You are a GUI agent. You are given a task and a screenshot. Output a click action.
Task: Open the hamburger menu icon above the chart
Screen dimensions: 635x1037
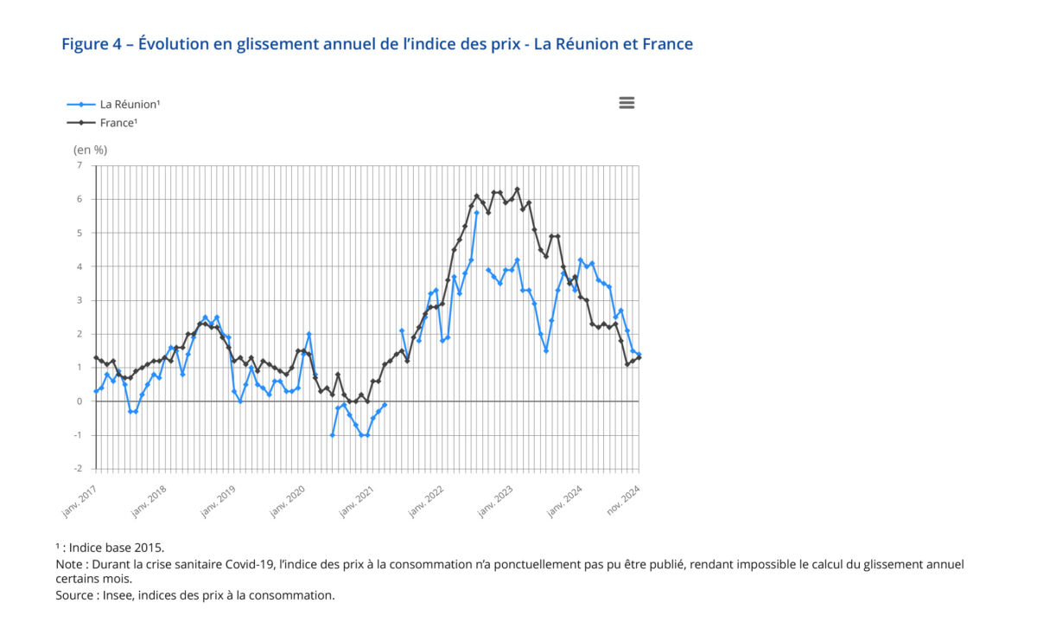(x=627, y=103)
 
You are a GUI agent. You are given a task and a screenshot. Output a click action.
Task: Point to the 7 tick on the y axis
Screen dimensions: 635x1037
(x=80, y=165)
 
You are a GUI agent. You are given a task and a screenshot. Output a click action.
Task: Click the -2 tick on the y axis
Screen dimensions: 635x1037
(x=78, y=469)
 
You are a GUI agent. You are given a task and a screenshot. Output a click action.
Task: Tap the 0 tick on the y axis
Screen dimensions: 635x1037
(x=80, y=401)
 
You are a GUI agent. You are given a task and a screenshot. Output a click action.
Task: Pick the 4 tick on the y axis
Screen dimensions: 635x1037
(x=80, y=266)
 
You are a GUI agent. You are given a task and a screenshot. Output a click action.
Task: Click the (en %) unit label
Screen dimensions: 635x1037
(x=90, y=150)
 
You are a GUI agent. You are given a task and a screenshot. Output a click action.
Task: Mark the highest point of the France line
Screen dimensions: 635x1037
(x=517, y=189)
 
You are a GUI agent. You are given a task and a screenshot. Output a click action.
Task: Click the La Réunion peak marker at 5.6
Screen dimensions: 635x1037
(x=476, y=213)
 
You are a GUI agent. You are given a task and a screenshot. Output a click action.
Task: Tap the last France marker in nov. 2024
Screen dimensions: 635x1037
(x=639, y=357)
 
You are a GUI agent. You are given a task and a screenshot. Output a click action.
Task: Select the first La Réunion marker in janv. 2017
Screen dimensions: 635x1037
(x=95, y=391)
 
